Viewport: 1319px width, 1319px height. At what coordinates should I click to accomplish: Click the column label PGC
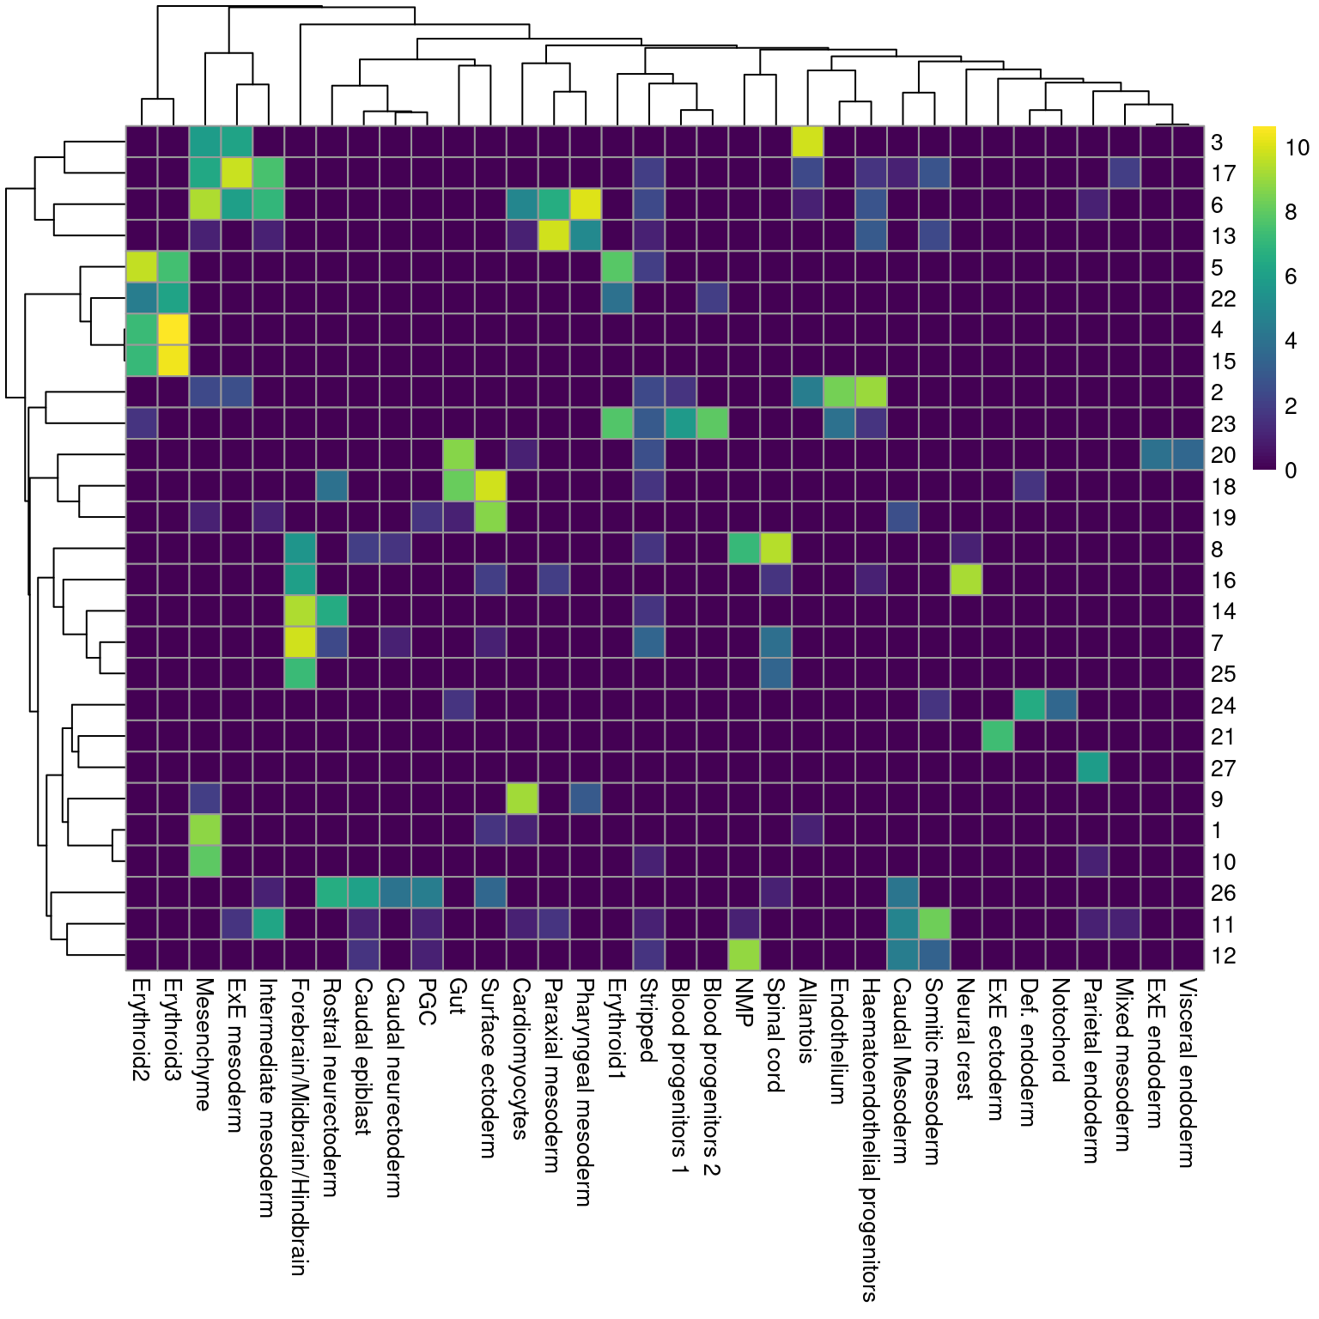(427, 1002)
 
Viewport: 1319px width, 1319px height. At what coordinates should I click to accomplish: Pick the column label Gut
(458, 997)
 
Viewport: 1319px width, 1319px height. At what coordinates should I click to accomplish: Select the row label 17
(1223, 173)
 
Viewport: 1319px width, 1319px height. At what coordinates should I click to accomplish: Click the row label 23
(1223, 424)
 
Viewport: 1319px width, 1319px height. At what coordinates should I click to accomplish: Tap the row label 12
(1223, 956)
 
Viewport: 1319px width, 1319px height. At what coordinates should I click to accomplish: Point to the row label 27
(1223, 768)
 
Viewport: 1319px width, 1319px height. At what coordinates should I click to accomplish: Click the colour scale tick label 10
(1297, 148)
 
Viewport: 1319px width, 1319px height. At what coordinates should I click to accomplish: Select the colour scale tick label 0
(1291, 470)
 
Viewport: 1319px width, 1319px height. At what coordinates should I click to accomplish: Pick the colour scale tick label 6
(1291, 277)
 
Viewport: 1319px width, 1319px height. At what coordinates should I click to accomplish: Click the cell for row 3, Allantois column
(807, 142)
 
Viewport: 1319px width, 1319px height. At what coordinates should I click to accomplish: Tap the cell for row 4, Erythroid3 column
(173, 330)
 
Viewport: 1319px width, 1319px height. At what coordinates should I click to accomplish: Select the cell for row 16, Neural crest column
(966, 580)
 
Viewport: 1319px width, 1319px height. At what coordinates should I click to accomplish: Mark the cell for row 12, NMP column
(744, 956)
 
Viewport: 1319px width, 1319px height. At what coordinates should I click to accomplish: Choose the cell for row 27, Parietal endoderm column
(1093, 768)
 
